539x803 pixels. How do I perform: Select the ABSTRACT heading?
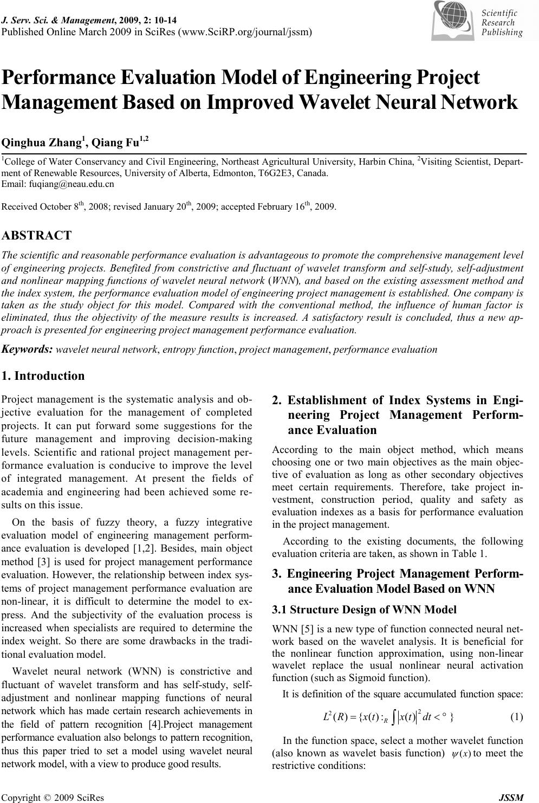(37, 235)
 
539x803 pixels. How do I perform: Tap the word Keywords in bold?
(27, 349)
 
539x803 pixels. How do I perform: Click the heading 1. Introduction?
(43, 375)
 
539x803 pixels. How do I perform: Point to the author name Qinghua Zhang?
(42, 143)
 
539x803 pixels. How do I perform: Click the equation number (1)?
(517, 717)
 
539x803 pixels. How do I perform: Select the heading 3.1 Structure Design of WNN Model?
(364, 610)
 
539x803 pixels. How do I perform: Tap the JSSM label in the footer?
(512, 797)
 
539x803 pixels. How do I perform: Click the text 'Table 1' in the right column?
(472, 553)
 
